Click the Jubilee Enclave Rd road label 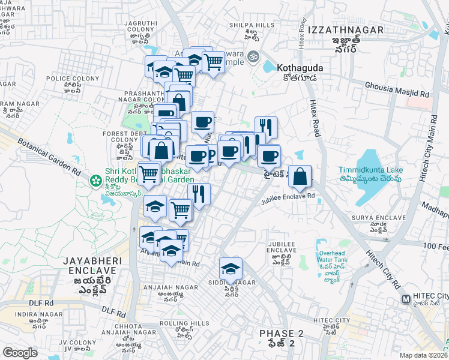click(288, 196)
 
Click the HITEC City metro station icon click(406, 297)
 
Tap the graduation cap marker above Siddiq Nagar click(230, 269)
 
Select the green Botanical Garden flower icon click(95, 180)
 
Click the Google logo click(20, 353)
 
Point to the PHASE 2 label click(277, 334)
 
